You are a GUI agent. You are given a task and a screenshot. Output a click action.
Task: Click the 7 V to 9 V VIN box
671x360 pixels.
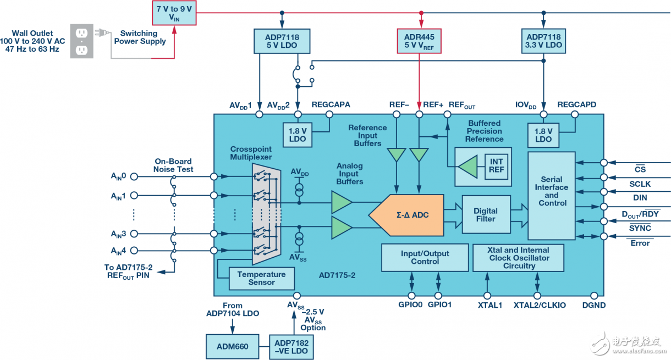(174, 13)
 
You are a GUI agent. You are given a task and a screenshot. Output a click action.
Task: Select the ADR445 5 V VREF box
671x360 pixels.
(420, 41)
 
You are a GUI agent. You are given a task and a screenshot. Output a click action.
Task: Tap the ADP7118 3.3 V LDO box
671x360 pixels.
(543, 41)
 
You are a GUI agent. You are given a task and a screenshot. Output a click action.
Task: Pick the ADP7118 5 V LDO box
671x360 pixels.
(282, 41)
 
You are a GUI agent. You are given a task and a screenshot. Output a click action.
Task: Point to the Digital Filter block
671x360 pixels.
(486, 215)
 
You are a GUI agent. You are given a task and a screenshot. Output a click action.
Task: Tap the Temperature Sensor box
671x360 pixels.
(261, 278)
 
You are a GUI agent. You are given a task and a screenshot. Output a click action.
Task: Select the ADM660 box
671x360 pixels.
(233, 347)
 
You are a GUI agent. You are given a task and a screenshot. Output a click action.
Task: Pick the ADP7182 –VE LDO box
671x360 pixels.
(292, 347)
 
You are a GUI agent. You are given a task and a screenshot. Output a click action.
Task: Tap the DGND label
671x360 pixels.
(593, 304)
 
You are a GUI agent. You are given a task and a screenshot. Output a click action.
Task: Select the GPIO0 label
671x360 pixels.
(410, 304)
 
